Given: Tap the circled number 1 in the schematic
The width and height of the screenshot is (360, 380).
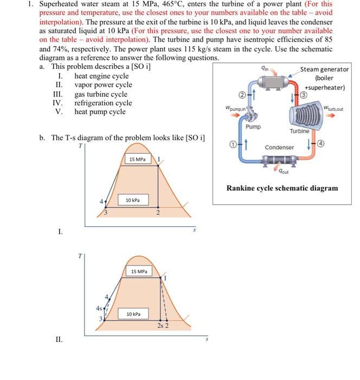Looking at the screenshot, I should click(x=232, y=145).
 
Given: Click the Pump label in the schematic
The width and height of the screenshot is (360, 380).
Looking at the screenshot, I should click(x=253, y=126).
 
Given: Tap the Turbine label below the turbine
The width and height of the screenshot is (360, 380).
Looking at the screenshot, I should click(x=299, y=131).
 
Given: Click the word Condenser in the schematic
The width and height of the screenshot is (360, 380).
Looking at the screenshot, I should click(x=279, y=148).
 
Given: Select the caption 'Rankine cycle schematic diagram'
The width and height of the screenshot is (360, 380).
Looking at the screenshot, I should click(x=282, y=188).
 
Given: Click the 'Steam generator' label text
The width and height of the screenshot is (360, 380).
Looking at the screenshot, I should click(x=325, y=69).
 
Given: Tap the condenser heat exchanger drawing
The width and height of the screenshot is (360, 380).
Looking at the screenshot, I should click(x=278, y=160).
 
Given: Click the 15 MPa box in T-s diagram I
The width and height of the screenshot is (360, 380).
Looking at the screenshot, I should click(x=137, y=159).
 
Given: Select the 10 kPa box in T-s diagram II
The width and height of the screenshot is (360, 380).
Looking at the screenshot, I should click(x=133, y=314).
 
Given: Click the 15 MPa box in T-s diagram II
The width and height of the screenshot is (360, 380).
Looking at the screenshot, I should click(x=140, y=270).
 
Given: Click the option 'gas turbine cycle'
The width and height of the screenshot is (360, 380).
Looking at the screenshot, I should click(x=101, y=94).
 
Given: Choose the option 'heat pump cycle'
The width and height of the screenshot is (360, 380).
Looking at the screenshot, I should click(x=100, y=112).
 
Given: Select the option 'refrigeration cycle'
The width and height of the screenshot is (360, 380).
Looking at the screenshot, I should click(x=103, y=103).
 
